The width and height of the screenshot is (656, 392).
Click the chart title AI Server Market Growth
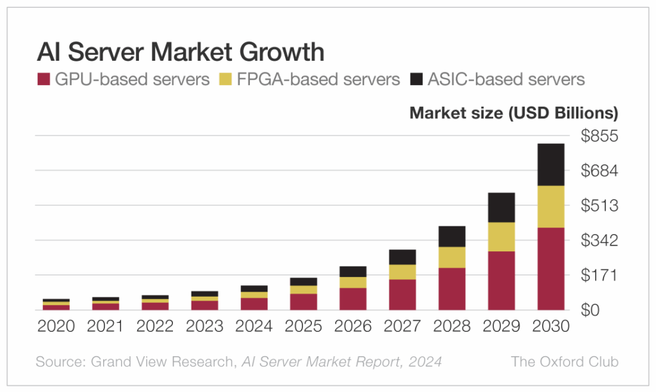point(181,52)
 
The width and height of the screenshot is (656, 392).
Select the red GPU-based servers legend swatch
point(44,79)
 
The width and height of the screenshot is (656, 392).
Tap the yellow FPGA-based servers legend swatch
point(225,79)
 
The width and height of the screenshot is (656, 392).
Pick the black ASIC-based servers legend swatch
point(416,79)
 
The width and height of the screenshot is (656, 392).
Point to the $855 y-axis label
point(599,136)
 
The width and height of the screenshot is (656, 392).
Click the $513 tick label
point(599,205)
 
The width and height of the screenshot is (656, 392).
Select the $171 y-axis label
point(599,275)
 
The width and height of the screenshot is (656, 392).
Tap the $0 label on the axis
point(590,310)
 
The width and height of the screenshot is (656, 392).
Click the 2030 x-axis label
point(550,326)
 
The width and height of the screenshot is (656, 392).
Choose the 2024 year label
point(254,326)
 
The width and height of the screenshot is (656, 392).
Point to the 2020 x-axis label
point(56,326)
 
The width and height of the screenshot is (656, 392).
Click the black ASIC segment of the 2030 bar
point(551,165)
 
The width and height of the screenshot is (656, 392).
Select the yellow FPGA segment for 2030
point(551,207)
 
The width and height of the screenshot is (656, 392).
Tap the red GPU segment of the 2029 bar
point(502,281)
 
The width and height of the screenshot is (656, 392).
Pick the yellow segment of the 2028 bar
point(452,258)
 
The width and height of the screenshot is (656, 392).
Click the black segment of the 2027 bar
point(402,257)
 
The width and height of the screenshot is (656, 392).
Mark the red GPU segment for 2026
point(353,299)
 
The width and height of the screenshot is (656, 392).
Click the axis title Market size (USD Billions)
point(514,113)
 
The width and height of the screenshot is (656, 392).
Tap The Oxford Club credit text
point(565,361)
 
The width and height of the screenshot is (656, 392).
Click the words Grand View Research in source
point(162,361)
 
